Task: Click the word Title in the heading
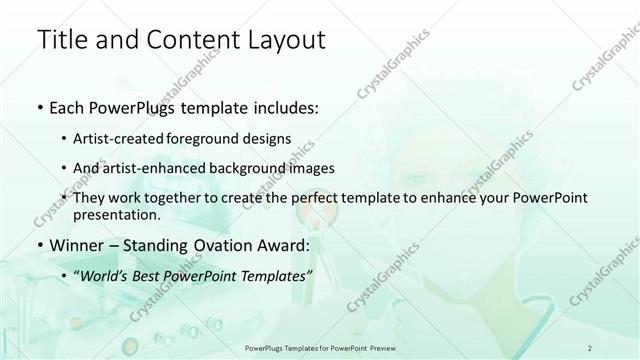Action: click(63, 41)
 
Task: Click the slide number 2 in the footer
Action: click(591, 347)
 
